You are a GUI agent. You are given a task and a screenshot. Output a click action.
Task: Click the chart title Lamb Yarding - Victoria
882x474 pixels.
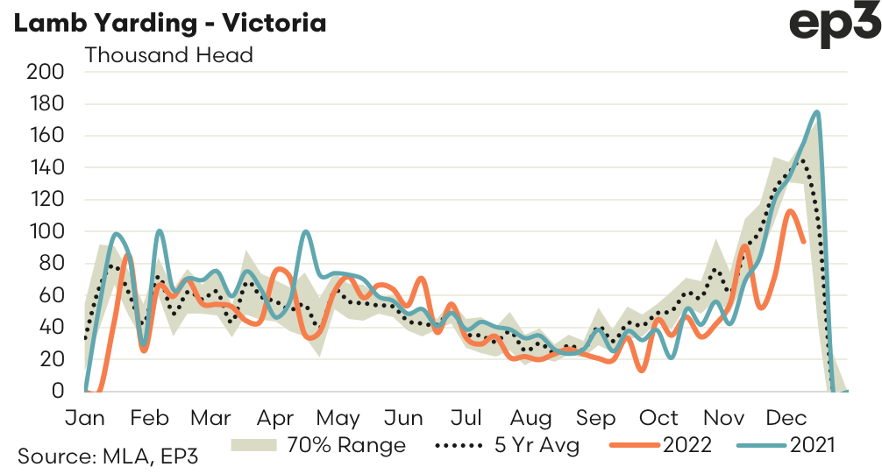(x=168, y=22)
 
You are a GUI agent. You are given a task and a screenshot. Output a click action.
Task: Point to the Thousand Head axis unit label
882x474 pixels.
(x=168, y=55)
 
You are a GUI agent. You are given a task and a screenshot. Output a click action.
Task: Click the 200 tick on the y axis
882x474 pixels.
(x=46, y=72)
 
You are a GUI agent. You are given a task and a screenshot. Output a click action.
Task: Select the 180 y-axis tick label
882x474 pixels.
(x=46, y=104)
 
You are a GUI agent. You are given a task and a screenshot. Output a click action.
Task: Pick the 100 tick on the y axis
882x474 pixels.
(x=46, y=232)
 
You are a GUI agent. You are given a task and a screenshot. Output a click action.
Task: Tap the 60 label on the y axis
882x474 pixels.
(x=51, y=295)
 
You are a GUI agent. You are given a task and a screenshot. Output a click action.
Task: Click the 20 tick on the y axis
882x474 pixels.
(x=51, y=359)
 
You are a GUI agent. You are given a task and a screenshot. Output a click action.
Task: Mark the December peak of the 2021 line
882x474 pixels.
(x=817, y=112)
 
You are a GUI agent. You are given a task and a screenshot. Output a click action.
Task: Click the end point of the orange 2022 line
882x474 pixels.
(x=804, y=241)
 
